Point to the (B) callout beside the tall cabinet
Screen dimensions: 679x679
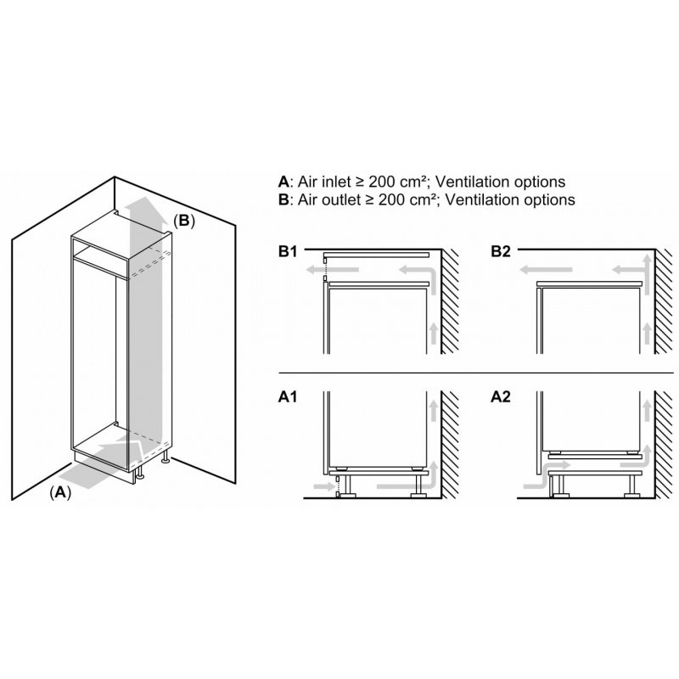(184, 221)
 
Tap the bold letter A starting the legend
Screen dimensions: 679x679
(283, 182)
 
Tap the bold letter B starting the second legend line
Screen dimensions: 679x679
(283, 199)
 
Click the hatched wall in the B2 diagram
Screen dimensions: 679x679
(664, 306)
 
